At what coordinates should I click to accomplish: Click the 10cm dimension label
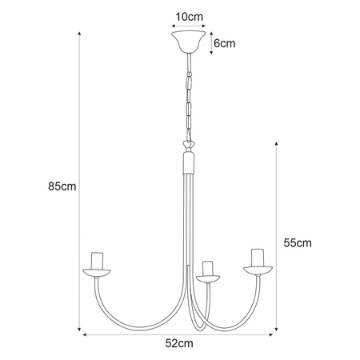point(189,17)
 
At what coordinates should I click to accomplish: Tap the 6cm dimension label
point(225,43)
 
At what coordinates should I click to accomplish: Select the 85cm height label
point(62,186)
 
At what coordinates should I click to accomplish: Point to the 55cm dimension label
point(298,243)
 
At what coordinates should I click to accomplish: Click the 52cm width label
point(179,343)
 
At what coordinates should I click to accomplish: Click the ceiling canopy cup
point(189,42)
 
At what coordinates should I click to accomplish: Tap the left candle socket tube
point(97,261)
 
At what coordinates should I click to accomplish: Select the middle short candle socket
point(207,269)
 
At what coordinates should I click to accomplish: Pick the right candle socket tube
point(258,258)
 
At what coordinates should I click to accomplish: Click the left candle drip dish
point(97,274)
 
